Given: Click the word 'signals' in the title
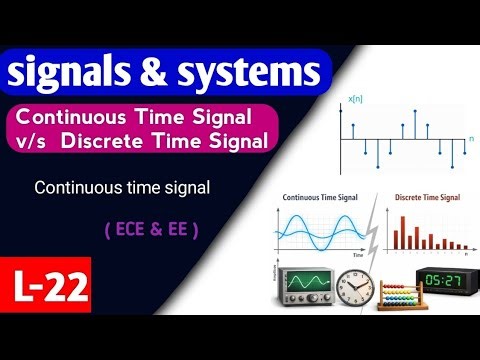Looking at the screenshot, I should point(70,73).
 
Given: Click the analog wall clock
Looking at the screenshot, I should point(355,287).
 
